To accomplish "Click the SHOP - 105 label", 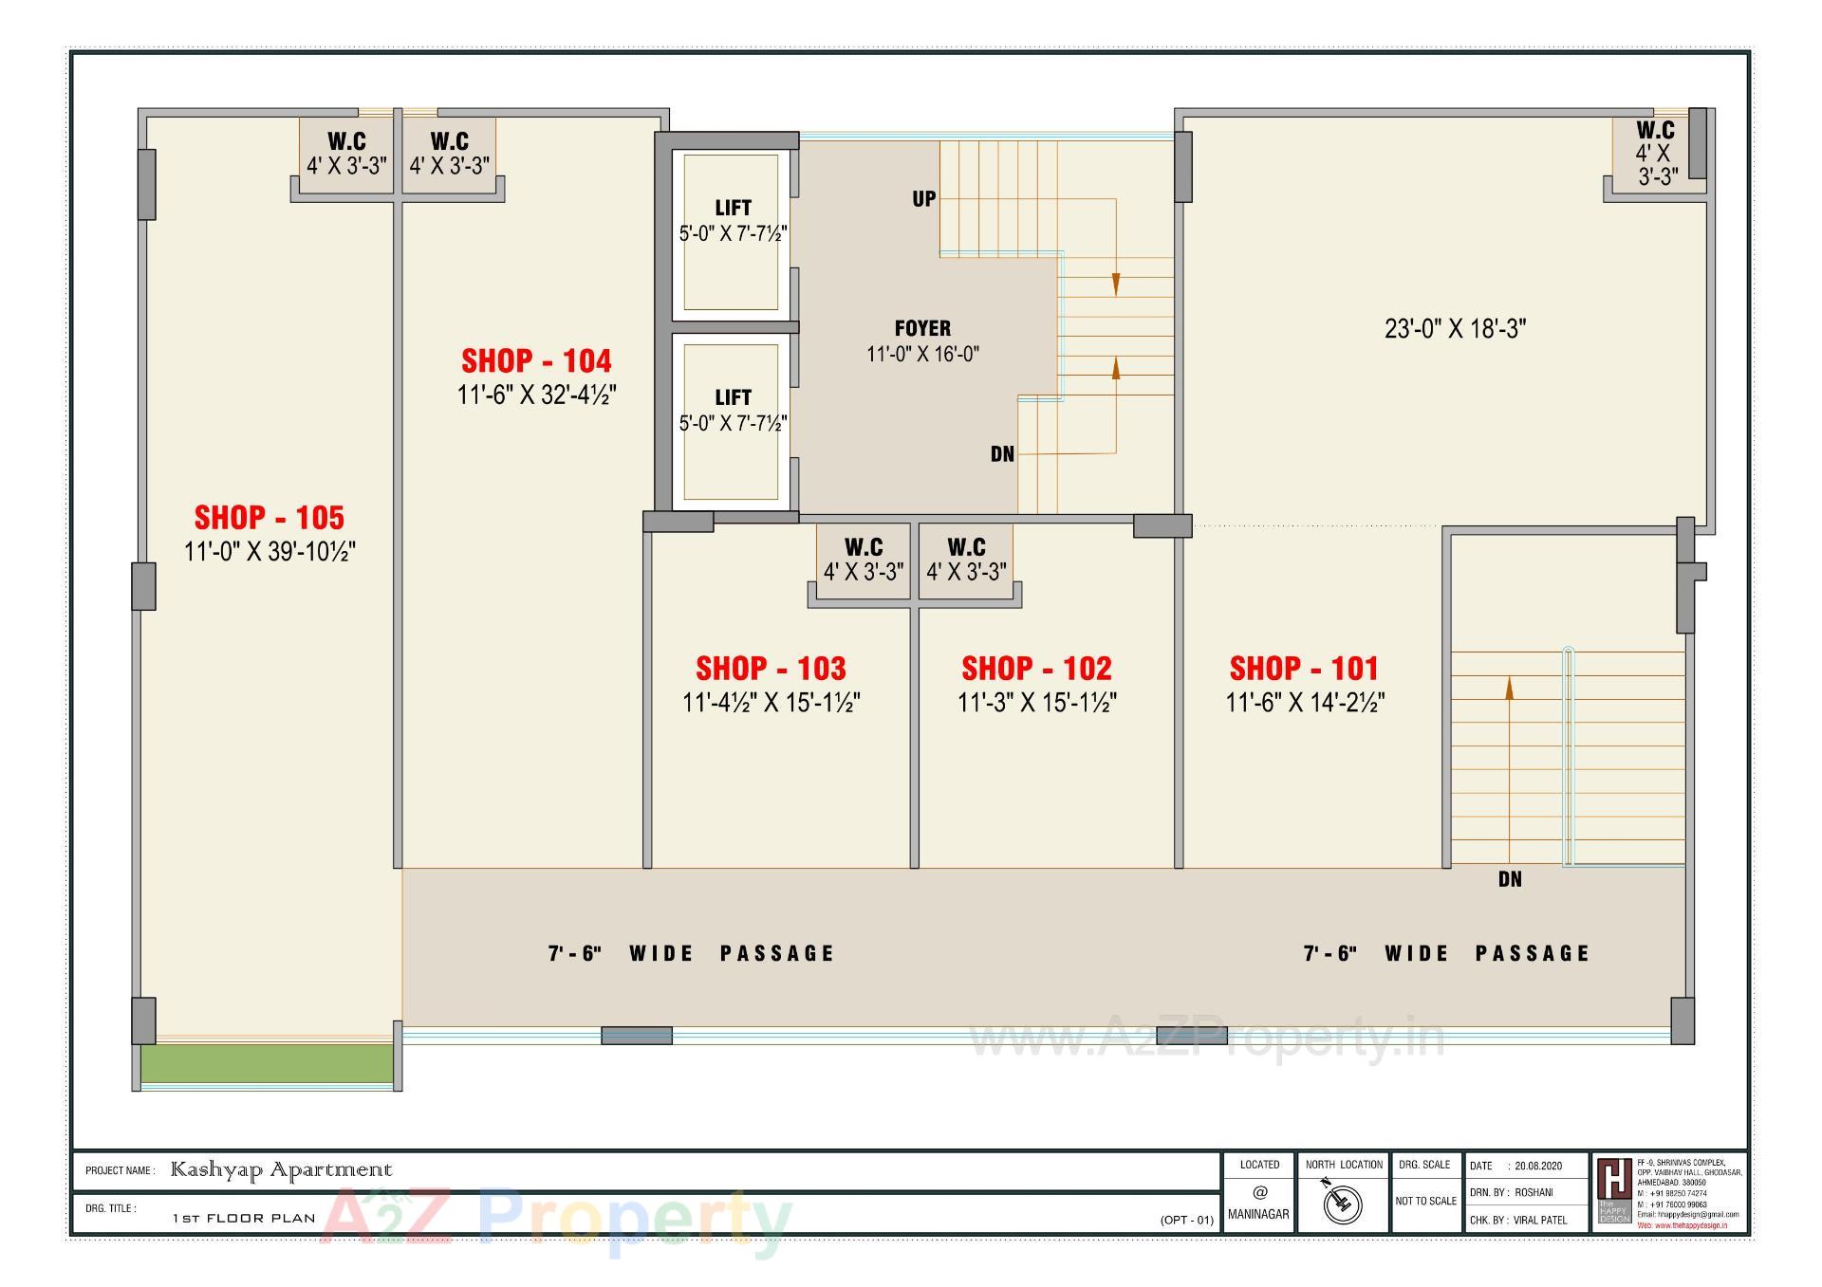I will pos(270,518).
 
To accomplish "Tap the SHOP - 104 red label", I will pos(536,361).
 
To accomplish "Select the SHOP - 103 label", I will pos(771,669).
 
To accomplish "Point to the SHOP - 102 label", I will pos(1036,669).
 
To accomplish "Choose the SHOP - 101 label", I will pos(1304,669).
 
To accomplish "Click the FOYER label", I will pos(922,329).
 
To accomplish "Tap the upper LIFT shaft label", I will pos(733,208).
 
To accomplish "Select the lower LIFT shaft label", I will pos(733,397).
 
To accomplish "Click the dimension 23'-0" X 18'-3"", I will pos(1455,329).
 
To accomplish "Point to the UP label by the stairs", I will pos(924,199).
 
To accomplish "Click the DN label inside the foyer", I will pos(1002,454).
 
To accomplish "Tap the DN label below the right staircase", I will pos(1510,880).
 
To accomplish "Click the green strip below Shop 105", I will pos(267,1063).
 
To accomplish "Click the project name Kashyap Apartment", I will pos(281,1170).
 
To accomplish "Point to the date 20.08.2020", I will pos(1538,1166).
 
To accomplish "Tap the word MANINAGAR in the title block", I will pos(1258,1214).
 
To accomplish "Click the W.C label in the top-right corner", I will pos(1655,131).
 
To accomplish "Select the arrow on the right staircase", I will pos(1509,688).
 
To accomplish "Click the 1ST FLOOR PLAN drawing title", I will pos(244,1219).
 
